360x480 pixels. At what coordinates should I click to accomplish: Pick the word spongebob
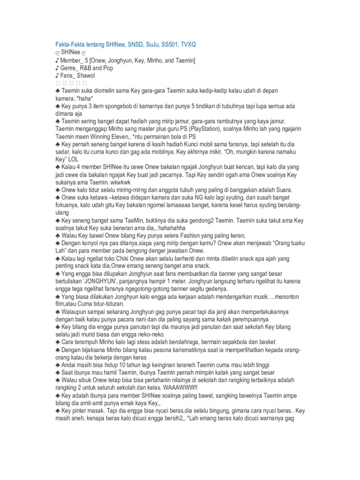[113, 106]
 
